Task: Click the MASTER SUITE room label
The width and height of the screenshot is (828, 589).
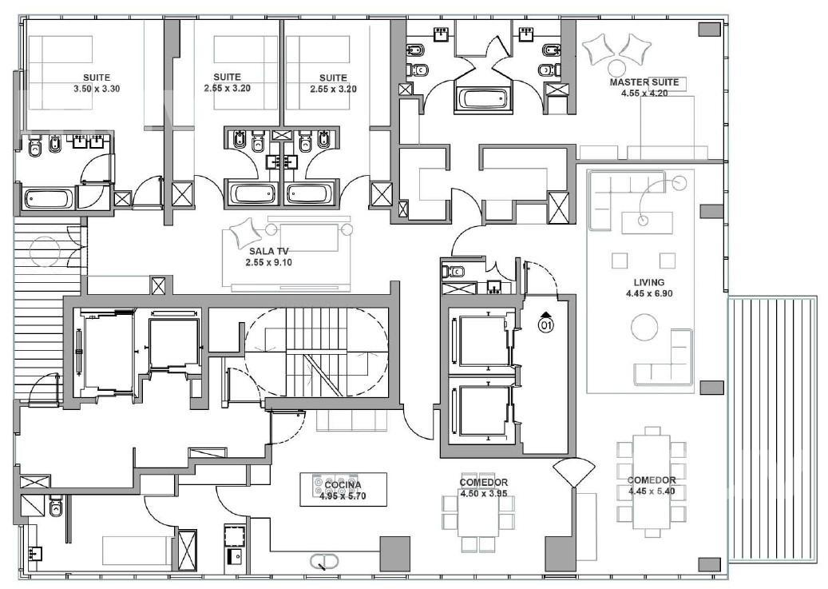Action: (x=644, y=82)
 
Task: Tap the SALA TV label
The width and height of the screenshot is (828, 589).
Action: (x=269, y=251)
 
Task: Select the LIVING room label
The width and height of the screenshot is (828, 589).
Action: (x=649, y=282)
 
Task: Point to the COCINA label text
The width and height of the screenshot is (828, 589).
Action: (x=343, y=485)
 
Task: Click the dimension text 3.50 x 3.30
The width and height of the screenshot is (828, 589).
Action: (x=97, y=89)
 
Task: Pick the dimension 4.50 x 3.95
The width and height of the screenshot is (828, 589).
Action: (x=484, y=493)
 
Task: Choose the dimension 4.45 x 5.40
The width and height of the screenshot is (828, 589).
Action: (x=652, y=491)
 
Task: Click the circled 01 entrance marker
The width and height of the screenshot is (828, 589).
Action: (x=546, y=324)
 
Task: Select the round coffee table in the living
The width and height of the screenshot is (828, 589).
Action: (x=644, y=328)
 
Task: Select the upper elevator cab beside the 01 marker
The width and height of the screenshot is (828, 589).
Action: (x=484, y=341)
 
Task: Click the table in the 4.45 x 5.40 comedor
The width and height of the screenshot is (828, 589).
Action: (x=652, y=481)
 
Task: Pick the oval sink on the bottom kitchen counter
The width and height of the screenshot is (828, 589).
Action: (x=323, y=560)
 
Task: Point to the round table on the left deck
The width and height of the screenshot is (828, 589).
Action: (x=46, y=251)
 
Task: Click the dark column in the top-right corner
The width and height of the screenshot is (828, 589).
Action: (x=709, y=30)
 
